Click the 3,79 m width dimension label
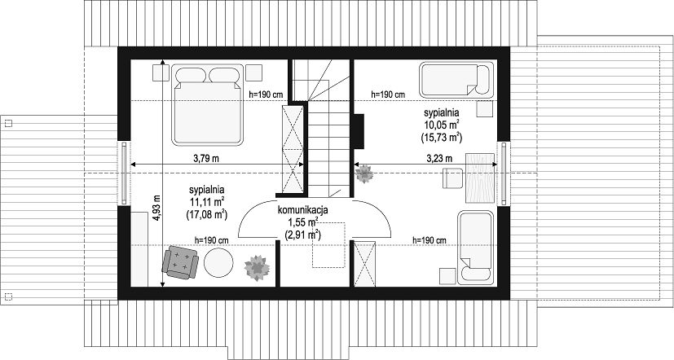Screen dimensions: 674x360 206,159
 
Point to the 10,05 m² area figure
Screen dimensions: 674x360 442,125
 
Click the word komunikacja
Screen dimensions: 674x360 303,210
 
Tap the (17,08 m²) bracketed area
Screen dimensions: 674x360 207,214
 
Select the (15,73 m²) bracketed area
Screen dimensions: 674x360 442,138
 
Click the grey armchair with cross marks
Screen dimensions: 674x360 179,262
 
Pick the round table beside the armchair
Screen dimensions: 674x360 218,262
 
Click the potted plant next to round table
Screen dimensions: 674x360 257,268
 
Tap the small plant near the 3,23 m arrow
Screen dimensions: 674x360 364,174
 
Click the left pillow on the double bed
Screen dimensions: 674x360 191,75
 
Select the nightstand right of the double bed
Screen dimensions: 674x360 254,72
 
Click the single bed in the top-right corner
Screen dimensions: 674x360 456,80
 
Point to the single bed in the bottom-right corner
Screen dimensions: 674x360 475,248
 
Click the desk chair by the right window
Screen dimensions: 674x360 453,178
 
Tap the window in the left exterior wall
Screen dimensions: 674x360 124,173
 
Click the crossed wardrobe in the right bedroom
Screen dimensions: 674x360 364,264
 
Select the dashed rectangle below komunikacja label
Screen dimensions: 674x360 328,245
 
